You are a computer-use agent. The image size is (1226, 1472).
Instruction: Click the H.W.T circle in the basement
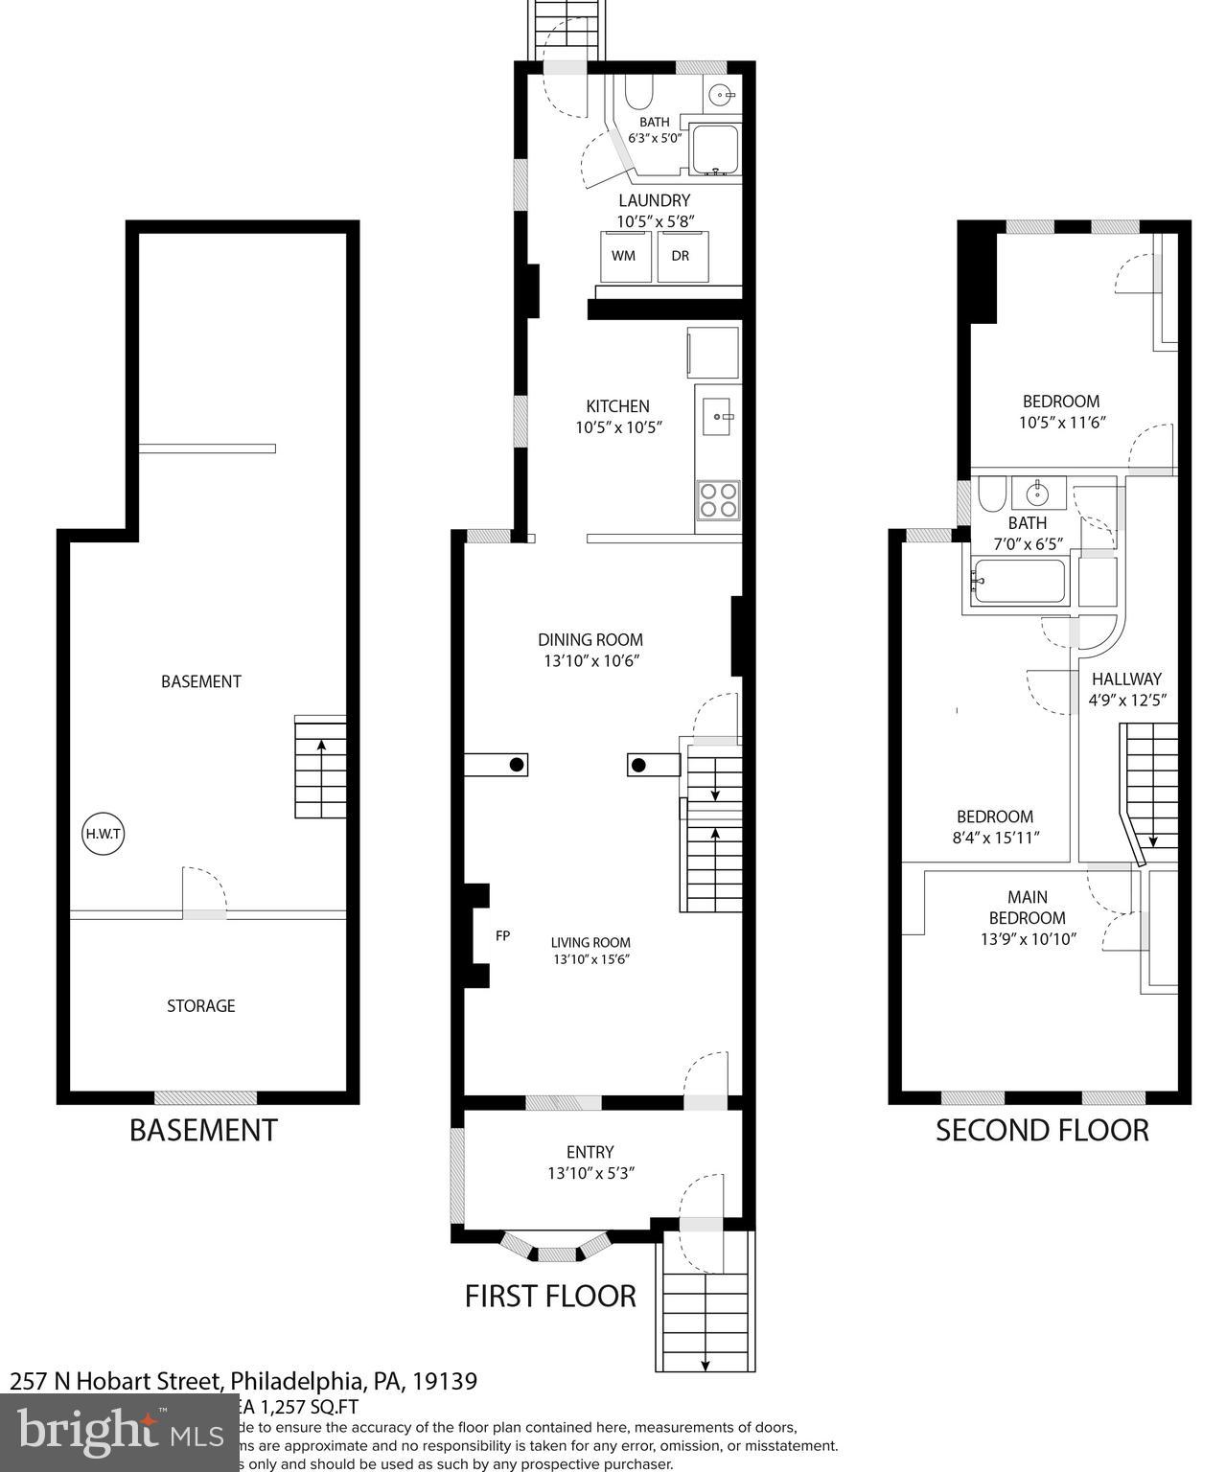(103, 834)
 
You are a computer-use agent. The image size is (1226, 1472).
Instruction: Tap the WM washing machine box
(623, 257)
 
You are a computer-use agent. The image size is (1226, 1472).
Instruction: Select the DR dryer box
(681, 257)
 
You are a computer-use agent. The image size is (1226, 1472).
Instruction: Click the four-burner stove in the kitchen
(718, 500)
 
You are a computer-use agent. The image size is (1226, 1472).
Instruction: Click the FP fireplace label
(502, 935)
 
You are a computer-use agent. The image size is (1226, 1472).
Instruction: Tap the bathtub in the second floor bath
(1017, 582)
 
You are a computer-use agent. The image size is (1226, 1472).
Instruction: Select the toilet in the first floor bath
(639, 93)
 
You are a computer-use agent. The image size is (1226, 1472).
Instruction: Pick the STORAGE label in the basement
(200, 1005)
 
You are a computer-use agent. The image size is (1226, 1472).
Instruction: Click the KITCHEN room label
(618, 406)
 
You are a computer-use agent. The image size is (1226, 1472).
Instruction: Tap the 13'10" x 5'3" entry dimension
(590, 1173)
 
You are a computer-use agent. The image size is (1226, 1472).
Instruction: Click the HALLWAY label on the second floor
(1126, 678)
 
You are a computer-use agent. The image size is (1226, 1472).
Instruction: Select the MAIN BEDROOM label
(1028, 908)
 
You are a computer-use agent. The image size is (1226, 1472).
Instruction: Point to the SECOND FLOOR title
(1042, 1130)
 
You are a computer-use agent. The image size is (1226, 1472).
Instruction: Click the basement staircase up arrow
(320, 744)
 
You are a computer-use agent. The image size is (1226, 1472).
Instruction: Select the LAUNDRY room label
(654, 200)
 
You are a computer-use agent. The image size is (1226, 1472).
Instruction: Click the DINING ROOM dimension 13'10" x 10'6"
(590, 661)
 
